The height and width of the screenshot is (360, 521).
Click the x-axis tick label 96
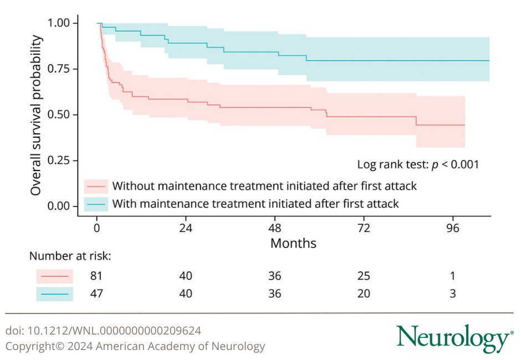[453, 228]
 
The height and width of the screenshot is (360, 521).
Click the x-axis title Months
[293, 243]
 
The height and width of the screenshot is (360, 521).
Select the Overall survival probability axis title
[36, 115]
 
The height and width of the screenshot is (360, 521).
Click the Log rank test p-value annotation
[418, 164]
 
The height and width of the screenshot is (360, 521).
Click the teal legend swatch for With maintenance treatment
[95, 204]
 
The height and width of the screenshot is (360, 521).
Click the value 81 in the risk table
[96, 276]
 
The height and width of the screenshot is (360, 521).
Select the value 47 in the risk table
[96, 294]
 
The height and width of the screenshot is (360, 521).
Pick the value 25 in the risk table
[364, 276]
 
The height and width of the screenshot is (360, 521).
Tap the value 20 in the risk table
[364, 294]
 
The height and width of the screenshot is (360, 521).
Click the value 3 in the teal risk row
[453, 294]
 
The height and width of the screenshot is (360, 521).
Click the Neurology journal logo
[454, 338]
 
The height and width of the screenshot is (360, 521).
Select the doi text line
[103, 331]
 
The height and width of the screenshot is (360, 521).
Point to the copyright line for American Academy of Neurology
[135, 347]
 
